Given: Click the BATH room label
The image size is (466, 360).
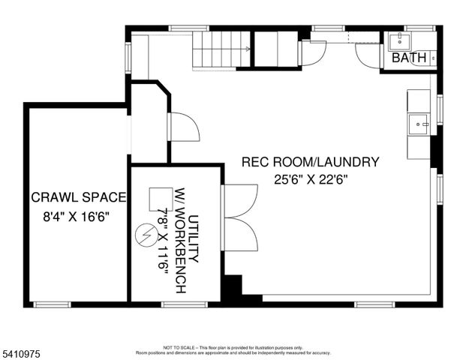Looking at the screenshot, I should [409, 58].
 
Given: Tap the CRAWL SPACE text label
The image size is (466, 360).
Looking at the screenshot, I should [78, 198].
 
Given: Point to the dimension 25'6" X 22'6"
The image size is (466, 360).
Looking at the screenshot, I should [310, 179].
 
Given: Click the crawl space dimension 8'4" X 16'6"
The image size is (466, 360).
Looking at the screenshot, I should [78, 222].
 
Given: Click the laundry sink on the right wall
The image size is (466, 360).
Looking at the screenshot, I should [418, 122].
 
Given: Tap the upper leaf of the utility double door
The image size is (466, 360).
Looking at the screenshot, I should [240, 202].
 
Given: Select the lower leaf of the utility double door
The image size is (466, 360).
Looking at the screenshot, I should [240, 236].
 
